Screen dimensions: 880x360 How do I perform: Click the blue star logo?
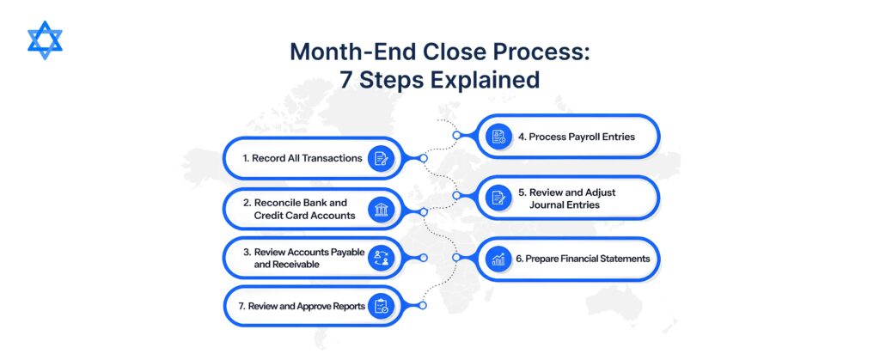point(45,40)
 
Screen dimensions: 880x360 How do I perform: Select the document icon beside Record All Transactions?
point(381,159)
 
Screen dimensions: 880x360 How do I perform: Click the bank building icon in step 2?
point(381,209)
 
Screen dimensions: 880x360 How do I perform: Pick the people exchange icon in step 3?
point(381,258)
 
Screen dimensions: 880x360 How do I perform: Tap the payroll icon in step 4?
point(498,137)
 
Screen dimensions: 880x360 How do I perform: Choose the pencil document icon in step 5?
point(498,198)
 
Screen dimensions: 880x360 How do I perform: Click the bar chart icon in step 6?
point(498,259)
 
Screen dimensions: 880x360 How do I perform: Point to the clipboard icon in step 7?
point(381,306)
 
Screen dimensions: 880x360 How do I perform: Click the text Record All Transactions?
point(302,158)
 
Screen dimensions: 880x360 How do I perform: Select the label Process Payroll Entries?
point(577,137)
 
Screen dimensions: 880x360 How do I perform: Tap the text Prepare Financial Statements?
point(583,259)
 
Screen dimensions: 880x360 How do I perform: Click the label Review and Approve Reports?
point(302,306)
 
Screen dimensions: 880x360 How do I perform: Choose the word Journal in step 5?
point(546,204)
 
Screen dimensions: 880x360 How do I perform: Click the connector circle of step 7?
point(423,306)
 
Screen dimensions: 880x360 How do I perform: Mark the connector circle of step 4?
point(457,135)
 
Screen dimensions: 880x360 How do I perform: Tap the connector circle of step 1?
point(423,159)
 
